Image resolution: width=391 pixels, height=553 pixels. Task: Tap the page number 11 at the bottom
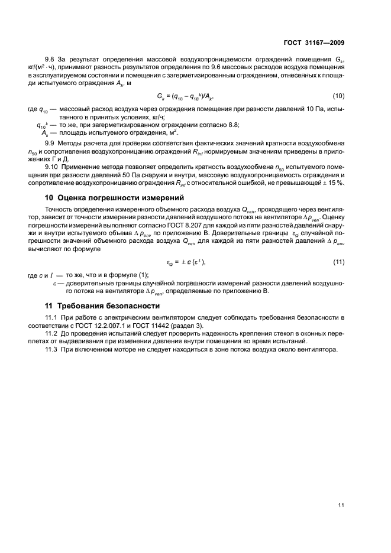(341, 505)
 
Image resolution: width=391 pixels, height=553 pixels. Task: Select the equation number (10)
(338, 95)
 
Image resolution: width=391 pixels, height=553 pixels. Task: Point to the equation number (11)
(338, 261)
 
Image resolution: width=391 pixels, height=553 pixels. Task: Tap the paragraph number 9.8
(51, 59)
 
